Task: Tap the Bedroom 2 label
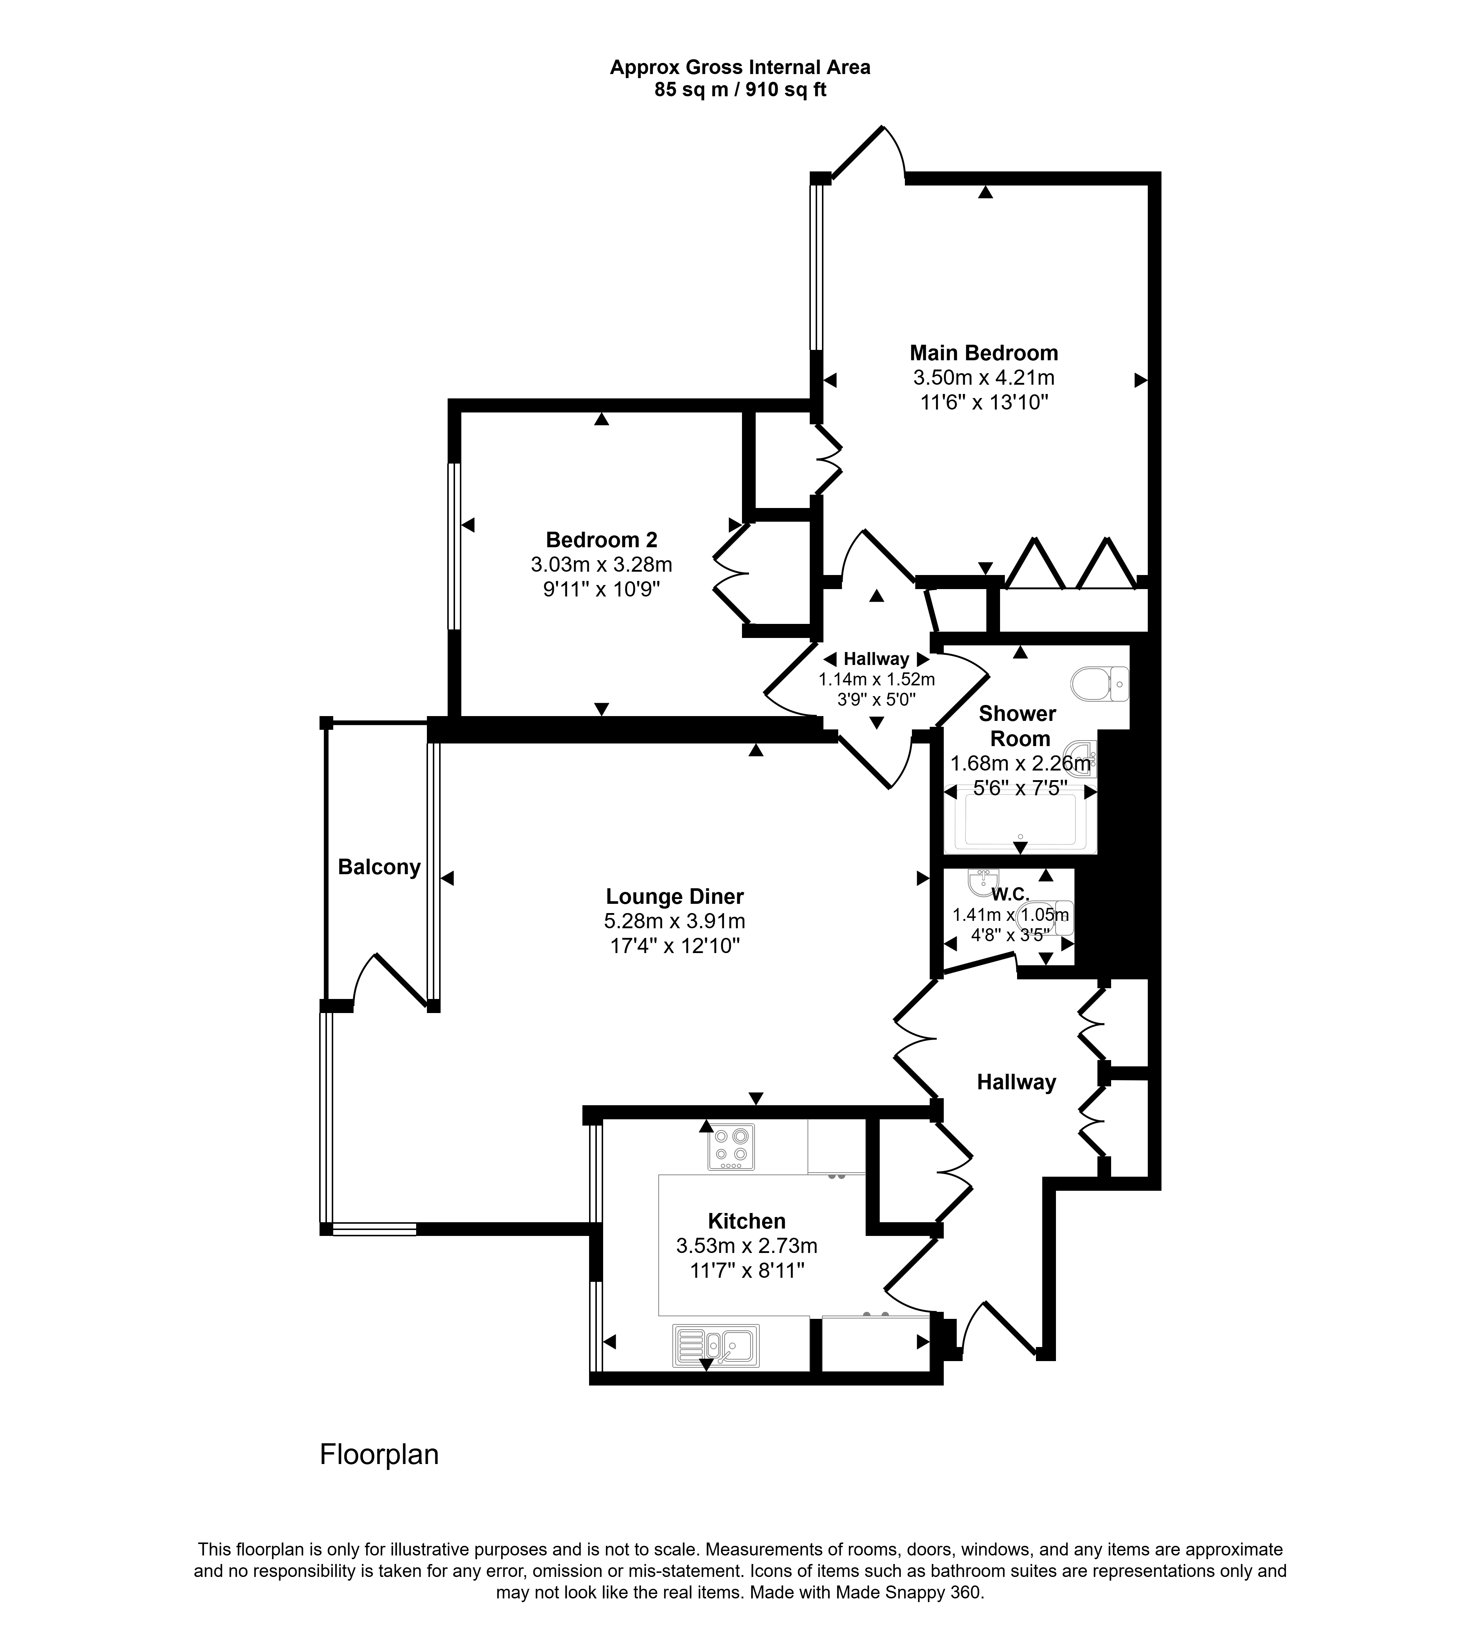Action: tap(601, 539)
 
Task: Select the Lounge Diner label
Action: tap(675, 896)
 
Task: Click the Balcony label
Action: tap(380, 867)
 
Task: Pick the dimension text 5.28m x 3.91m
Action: tap(675, 921)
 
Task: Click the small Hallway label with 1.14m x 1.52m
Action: tap(876, 659)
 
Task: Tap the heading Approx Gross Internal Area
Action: tap(740, 67)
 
